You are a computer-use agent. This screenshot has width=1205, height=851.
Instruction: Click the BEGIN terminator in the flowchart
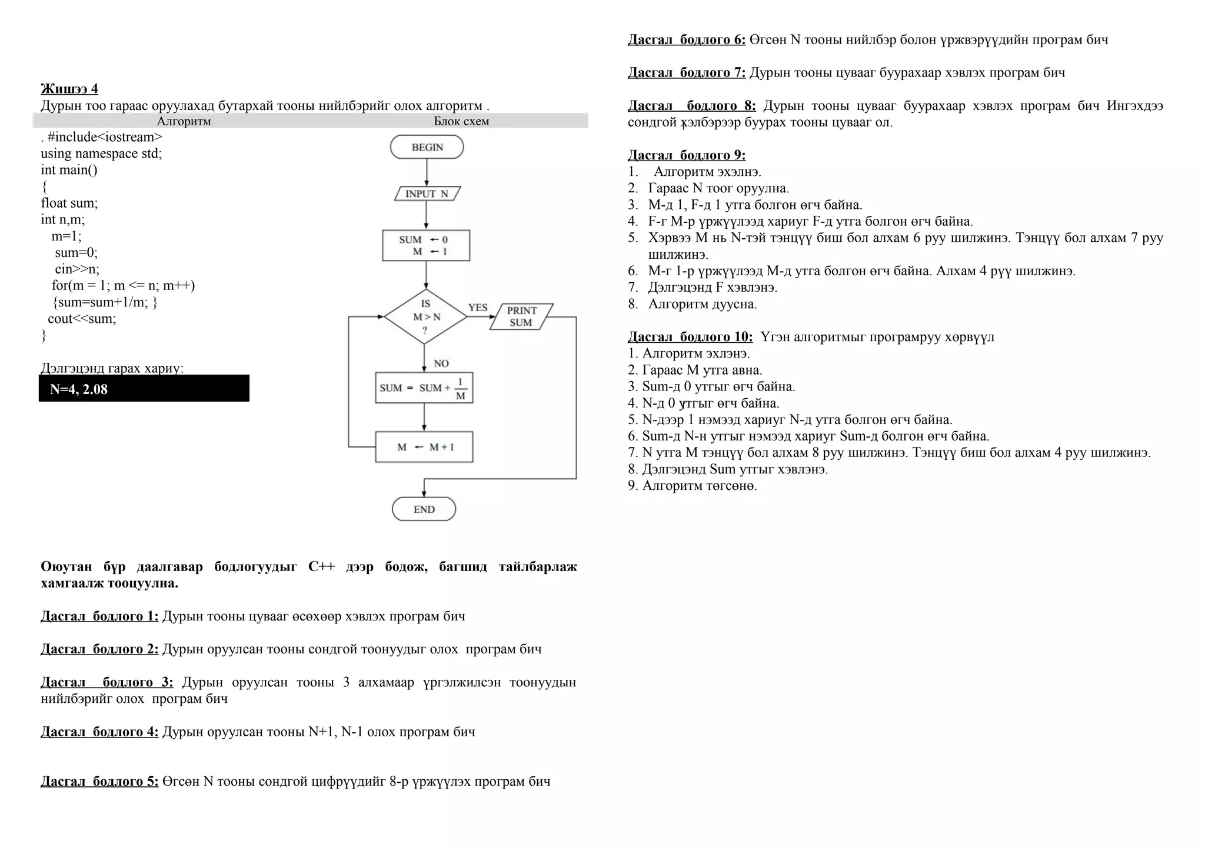tap(427, 147)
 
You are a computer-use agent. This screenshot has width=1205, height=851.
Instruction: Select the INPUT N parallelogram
tap(427, 193)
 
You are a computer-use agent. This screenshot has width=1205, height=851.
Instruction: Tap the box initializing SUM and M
tap(426, 245)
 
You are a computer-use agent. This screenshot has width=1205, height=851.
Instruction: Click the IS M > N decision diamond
tap(425, 317)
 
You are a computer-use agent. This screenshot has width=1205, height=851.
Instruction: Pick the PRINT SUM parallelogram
tap(521, 316)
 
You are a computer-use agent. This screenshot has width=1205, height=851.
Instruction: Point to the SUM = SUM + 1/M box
tap(424, 388)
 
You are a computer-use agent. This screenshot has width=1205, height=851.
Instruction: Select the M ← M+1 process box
tap(424, 447)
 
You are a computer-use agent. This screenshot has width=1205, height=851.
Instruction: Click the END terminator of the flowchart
tap(424, 509)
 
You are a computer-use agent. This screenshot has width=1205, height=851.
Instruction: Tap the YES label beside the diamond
tap(478, 307)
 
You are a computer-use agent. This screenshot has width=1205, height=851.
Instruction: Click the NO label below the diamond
tap(441, 363)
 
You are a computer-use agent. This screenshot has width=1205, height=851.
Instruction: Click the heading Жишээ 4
tap(69, 89)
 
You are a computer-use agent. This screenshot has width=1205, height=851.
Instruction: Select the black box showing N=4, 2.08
tap(144, 389)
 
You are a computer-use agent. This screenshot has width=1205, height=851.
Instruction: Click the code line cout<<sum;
tap(82, 319)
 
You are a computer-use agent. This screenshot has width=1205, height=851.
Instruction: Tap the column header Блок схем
tap(461, 121)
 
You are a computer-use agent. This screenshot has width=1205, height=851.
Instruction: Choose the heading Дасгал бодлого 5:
tap(99, 782)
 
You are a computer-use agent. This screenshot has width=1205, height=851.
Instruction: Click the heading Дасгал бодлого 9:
tap(687, 155)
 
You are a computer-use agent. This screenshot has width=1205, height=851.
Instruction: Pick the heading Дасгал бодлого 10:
tap(690, 337)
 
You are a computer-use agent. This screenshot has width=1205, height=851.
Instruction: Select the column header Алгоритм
tap(184, 121)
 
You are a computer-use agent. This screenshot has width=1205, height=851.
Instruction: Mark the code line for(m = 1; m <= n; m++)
tap(123, 285)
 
